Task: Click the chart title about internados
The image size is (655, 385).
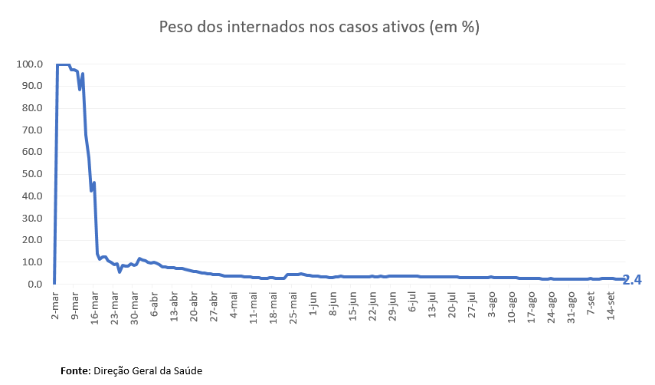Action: coord(319,27)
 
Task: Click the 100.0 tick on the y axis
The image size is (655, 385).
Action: coord(28,64)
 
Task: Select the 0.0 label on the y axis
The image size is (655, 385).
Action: coord(34,285)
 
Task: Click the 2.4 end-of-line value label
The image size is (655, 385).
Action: coord(632,281)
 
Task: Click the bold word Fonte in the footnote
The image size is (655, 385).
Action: coord(75,370)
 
